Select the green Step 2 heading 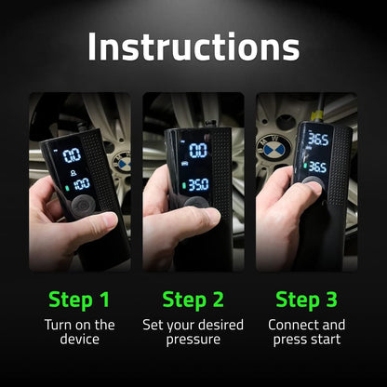[193, 299]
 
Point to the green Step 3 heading [306, 299]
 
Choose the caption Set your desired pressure [193, 333]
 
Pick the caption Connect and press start [306, 333]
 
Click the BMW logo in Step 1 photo [122, 163]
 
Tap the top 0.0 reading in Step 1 [71, 154]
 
